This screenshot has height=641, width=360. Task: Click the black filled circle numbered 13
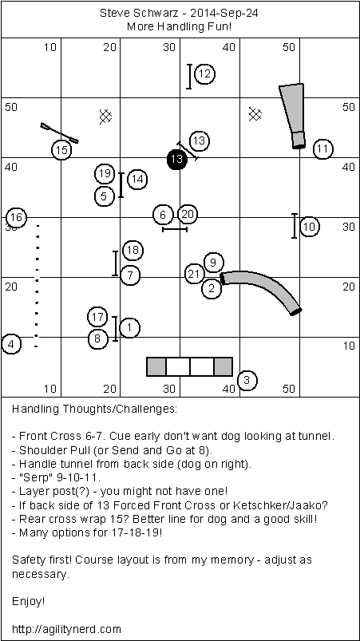177,159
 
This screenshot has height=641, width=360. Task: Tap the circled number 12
204,74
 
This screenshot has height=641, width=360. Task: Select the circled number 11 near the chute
322,148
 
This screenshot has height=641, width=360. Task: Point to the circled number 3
247,380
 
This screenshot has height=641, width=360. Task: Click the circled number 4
11,344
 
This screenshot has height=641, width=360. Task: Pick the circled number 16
16,217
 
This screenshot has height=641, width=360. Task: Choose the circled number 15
61,150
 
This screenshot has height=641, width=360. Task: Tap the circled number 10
310,227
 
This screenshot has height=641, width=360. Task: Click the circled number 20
188,214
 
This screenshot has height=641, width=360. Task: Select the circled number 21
195,275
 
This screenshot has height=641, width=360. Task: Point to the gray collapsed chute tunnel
294,115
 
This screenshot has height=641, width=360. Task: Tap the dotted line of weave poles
37,286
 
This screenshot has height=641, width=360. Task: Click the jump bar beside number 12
189,76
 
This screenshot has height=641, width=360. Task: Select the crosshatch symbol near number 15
106,117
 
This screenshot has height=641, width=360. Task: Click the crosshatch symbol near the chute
255,114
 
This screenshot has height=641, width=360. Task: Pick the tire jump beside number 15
59,133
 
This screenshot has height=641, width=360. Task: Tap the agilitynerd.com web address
66,628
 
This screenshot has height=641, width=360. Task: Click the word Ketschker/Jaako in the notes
291,504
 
